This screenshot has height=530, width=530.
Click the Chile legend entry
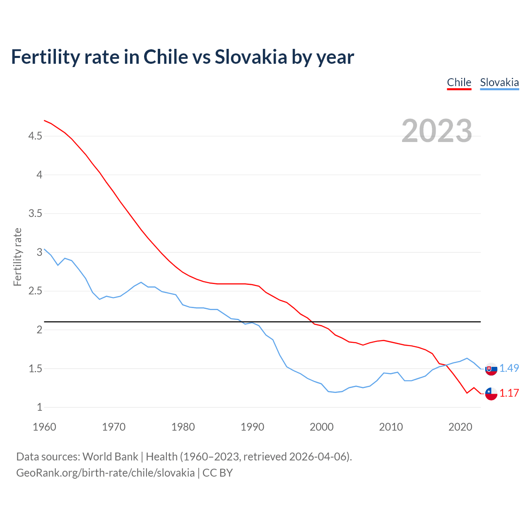(x=459, y=82)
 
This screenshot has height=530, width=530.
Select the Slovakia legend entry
(x=499, y=82)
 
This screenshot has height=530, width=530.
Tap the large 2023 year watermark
(x=437, y=131)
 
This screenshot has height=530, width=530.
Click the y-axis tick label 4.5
(x=35, y=136)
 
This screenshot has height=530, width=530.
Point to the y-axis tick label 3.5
(x=35, y=214)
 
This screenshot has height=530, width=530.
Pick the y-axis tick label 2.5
(x=35, y=291)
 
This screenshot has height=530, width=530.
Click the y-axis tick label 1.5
(x=35, y=369)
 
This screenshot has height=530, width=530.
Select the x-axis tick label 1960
(x=44, y=427)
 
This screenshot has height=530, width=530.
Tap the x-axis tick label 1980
(x=183, y=427)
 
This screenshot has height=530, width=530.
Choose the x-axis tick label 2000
(x=322, y=427)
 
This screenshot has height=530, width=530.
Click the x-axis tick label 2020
(x=460, y=427)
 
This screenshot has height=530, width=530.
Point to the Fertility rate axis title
(x=17, y=257)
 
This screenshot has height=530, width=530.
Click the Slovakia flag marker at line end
(x=491, y=369)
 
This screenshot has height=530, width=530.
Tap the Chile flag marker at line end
(x=491, y=394)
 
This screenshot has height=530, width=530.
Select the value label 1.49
(x=509, y=368)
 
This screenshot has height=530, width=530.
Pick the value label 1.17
(x=509, y=393)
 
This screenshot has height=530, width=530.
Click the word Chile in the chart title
(x=164, y=57)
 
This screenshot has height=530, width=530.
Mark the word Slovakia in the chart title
(x=251, y=57)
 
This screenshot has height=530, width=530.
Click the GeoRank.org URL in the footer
(x=105, y=472)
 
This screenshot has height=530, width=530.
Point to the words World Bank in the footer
(x=110, y=456)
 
